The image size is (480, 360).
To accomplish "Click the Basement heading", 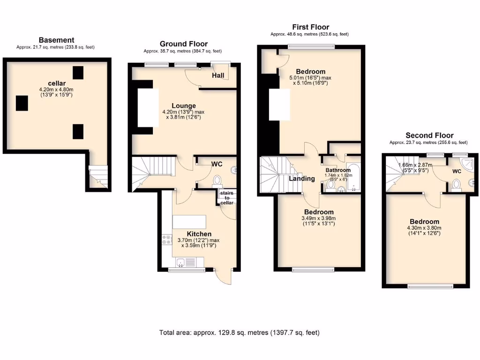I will tap(56, 40).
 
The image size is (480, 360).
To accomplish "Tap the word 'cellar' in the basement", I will tap(56, 83).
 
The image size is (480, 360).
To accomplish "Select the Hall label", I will tap(218, 75).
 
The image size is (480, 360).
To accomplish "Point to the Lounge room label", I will tap(184, 106).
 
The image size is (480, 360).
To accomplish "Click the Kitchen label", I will tap(199, 234).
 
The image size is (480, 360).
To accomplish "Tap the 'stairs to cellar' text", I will tap(227, 197).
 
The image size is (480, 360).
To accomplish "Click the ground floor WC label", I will tap(217, 164).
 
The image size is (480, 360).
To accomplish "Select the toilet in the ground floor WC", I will tap(217, 180).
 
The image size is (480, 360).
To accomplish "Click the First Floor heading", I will tap(310, 27).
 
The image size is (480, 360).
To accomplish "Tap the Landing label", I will tap(301, 179).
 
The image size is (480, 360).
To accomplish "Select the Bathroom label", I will tap(338, 170).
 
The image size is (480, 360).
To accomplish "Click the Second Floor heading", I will tap(429, 135).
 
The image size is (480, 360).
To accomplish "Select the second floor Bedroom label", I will tap(424, 222).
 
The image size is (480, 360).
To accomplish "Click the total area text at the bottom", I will tap(240, 333).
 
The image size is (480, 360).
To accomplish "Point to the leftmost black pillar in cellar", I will tap(22, 103).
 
